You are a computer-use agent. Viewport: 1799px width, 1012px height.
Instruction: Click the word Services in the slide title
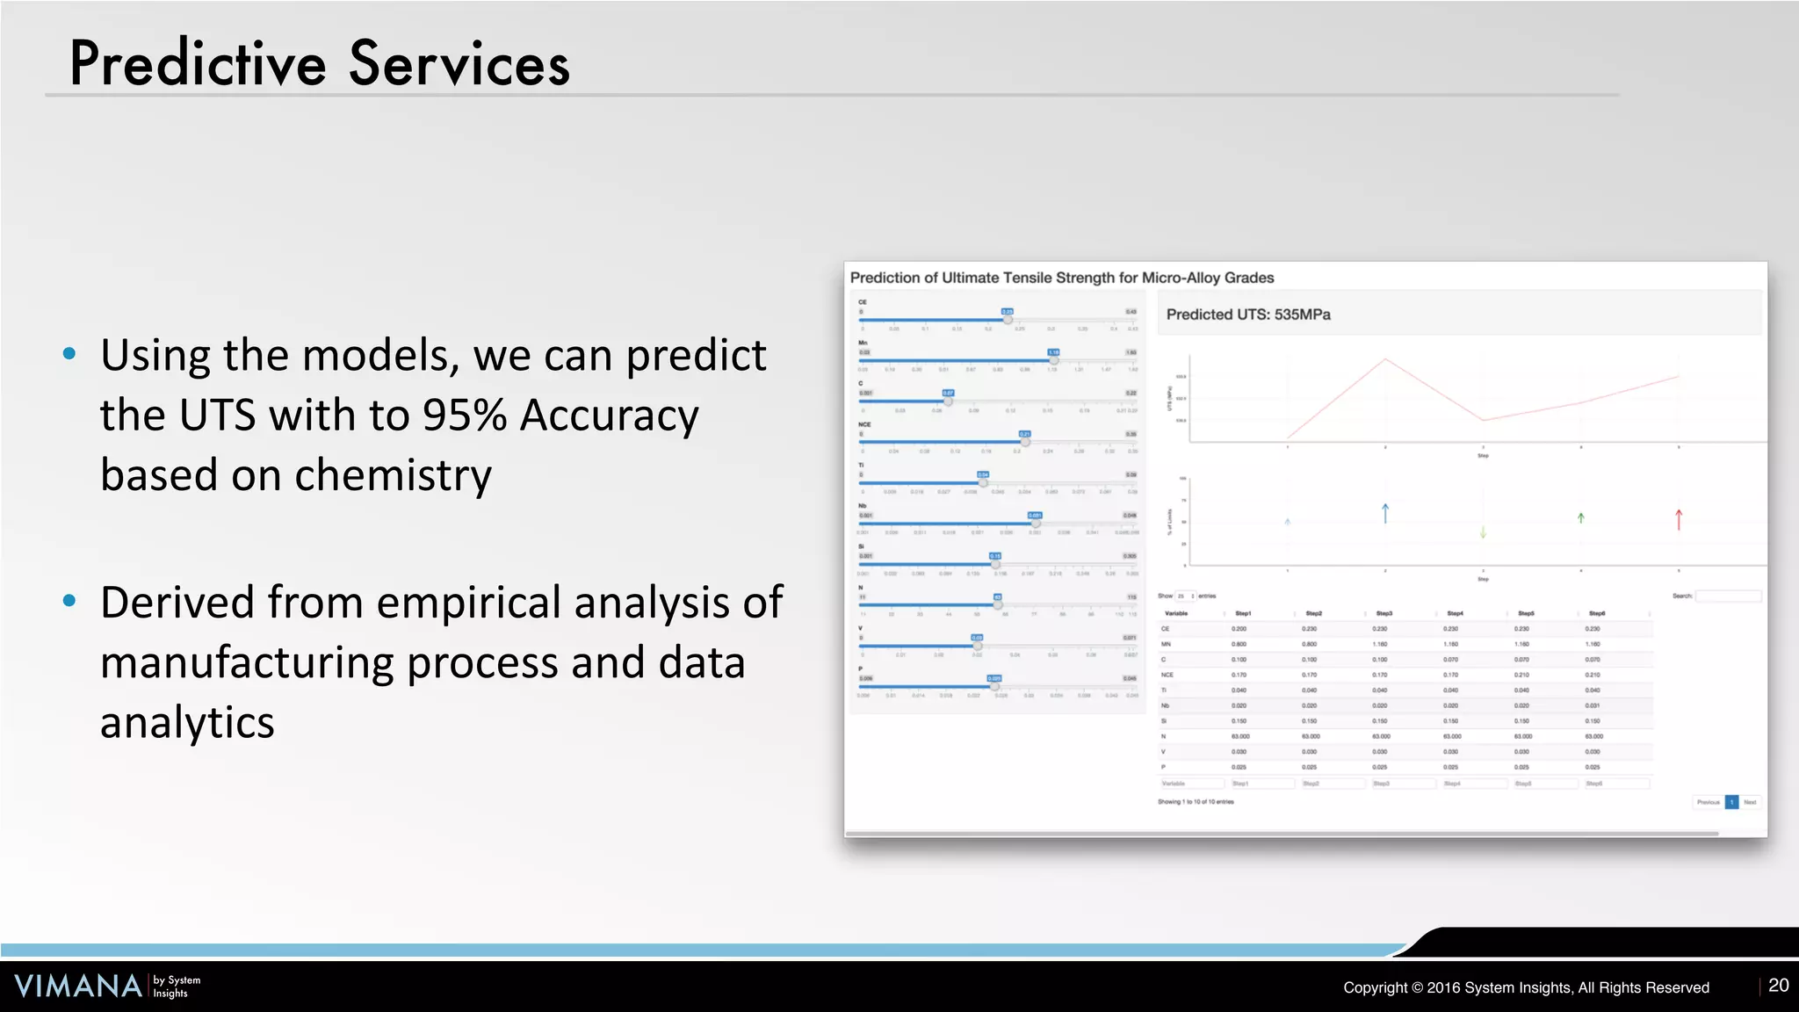click(459, 64)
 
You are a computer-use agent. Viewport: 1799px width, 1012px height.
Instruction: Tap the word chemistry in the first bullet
click(393, 475)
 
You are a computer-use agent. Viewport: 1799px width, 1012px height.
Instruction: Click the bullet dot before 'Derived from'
click(69, 601)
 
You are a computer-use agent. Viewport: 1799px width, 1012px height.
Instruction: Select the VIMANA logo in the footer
click(78, 986)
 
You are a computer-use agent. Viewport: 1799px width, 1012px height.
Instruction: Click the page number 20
click(1778, 986)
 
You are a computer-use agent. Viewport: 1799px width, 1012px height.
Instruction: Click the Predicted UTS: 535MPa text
click(1247, 314)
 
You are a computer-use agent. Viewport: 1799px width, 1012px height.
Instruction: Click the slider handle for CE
click(1008, 320)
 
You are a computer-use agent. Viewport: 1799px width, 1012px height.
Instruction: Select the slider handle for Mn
click(1053, 360)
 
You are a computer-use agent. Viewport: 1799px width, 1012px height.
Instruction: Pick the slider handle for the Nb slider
click(1036, 524)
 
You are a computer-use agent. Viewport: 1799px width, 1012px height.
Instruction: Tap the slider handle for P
click(994, 686)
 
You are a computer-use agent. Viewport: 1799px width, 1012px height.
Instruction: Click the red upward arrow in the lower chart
click(1678, 519)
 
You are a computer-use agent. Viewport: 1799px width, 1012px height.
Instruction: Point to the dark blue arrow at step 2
click(1385, 513)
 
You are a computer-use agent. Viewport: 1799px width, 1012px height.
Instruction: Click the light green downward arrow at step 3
click(1483, 531)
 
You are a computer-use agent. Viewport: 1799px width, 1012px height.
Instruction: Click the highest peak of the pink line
click(1385, 359)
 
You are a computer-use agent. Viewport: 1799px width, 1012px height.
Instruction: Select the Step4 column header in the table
click(1455, 613)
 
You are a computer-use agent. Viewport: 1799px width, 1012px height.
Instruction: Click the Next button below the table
click(1750, 802)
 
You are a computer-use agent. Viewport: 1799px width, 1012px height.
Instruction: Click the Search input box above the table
click(1727, 596)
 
